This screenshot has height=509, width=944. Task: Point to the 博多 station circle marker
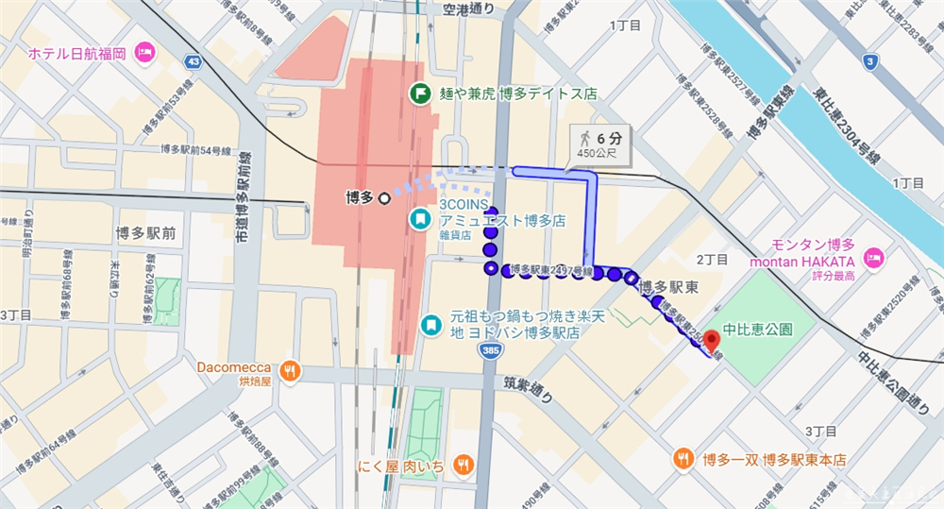[x=384, y=198]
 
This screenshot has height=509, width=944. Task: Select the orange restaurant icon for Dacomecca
[x=291, y=370]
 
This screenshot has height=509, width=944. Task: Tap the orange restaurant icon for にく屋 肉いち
[x=463, y=464]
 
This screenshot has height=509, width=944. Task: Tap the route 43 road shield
[x=194, y=62]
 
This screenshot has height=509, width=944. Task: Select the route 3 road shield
[x=869, y=63]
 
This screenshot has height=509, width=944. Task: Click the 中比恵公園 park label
[x=757, y=331]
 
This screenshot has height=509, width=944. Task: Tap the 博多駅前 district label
[x=147, y=231]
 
